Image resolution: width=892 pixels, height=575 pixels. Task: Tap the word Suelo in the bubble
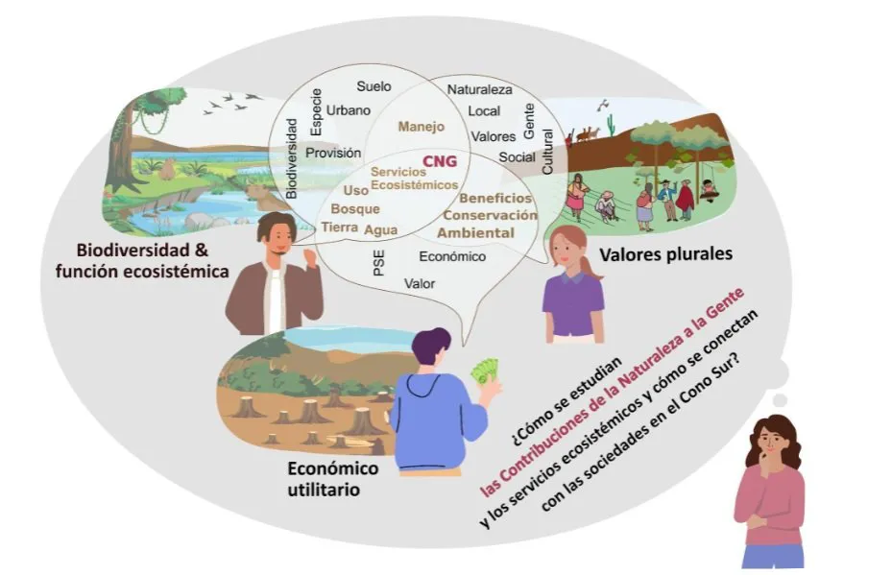pos(374,86)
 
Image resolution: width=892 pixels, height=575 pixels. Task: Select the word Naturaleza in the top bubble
pos(480,89)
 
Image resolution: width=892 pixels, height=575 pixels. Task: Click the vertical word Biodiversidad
pos(292,158)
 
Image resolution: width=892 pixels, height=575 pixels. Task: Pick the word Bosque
pos(355,208)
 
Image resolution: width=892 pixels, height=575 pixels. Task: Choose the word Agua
pos(381,230)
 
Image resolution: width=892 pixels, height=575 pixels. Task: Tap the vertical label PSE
pos(378,264)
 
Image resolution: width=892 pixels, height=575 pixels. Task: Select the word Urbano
pos(348,110)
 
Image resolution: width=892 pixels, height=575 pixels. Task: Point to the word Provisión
pos(333,153)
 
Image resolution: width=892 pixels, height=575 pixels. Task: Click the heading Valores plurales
pos(665,254)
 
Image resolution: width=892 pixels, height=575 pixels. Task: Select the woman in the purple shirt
pos(573,287)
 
